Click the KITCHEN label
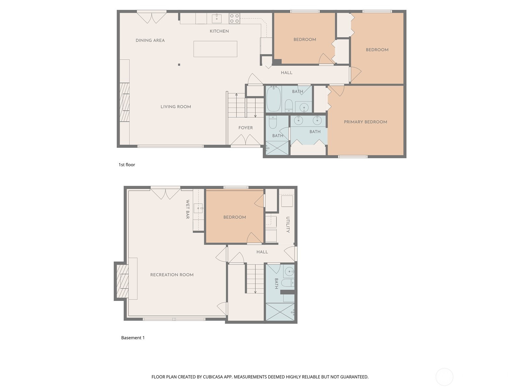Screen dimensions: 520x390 (x=219, y=31)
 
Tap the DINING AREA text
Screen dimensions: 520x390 (x=150, y=41)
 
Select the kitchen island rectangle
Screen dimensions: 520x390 (x=215, y=49)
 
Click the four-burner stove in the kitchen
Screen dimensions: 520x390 (x=234, y=19)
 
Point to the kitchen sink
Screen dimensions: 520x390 (x=216, y=19)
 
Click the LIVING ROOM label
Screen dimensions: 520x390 (x=176, y=107)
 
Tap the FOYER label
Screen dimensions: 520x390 (x=245, y=128)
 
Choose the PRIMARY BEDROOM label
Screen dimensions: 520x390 (x=365, y=122)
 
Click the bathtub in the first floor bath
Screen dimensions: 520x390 (x=274, y=99)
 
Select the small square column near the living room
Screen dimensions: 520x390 (x=179, y=65)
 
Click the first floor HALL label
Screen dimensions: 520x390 (x=286, y=73)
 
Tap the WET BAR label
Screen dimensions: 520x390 (x=188, y=209)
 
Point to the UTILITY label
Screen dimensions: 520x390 (x=288, y=225)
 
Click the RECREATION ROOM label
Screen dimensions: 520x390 (x=172, y=275)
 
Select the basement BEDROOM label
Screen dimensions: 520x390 (x=235, y=217)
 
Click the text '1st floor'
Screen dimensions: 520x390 (x=127, y=164)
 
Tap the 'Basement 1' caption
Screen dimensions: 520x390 (x=133, y=338)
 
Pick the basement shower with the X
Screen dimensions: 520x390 (x=280, y=312)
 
